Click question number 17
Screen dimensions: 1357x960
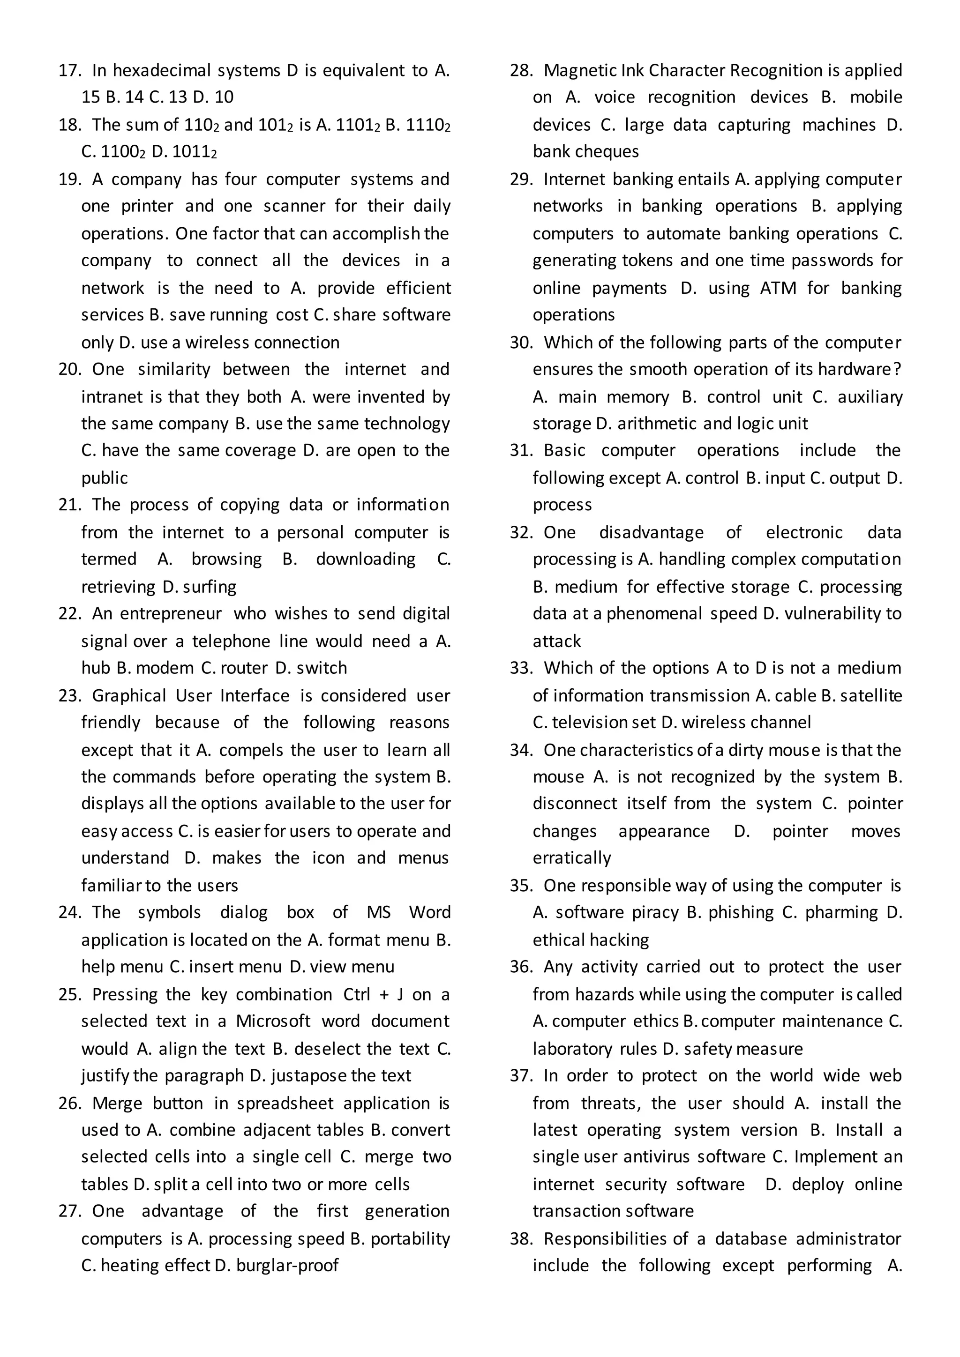(70, 71)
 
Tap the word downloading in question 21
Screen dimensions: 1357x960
(365, 559)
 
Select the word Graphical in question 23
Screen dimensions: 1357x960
(129, 696)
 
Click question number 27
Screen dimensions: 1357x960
(70, 1211)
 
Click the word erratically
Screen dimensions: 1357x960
(571, 858)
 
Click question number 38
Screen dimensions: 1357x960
(521, 1239)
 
